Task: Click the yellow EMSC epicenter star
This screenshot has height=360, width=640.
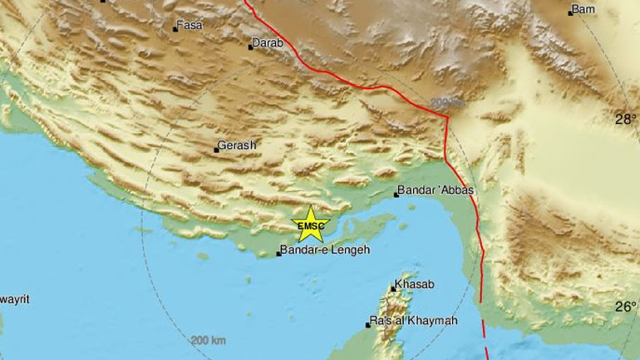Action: click(x=313, y=224)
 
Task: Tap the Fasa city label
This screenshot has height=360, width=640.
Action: click(x=190, y=26)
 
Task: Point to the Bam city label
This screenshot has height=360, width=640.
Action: click(x=583, y=11)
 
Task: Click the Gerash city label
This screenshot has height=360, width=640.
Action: click(x=238, y=145)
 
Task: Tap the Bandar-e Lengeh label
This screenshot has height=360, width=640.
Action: click(x=324, y=249)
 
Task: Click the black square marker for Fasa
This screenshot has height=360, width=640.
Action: click(x=175, y=29)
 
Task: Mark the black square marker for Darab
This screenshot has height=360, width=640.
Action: click(x=250, y=47)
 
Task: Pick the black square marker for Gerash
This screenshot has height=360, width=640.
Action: click(x=217, y=150)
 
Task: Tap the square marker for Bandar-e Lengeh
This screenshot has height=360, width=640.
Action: click(x=278, y=253)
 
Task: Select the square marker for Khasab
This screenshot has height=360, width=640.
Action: click(x=393, y=288)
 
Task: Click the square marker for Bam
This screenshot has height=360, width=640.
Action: click(x=570, y=12)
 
